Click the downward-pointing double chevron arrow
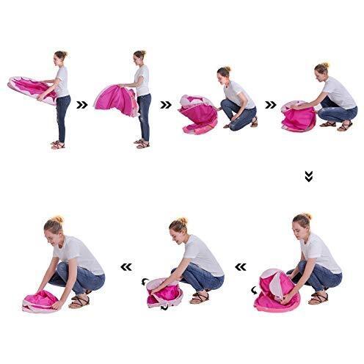308,176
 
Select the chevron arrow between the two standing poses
82,105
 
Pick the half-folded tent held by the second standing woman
116,100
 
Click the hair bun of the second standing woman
139,53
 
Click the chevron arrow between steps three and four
271,105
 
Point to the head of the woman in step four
322,70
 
